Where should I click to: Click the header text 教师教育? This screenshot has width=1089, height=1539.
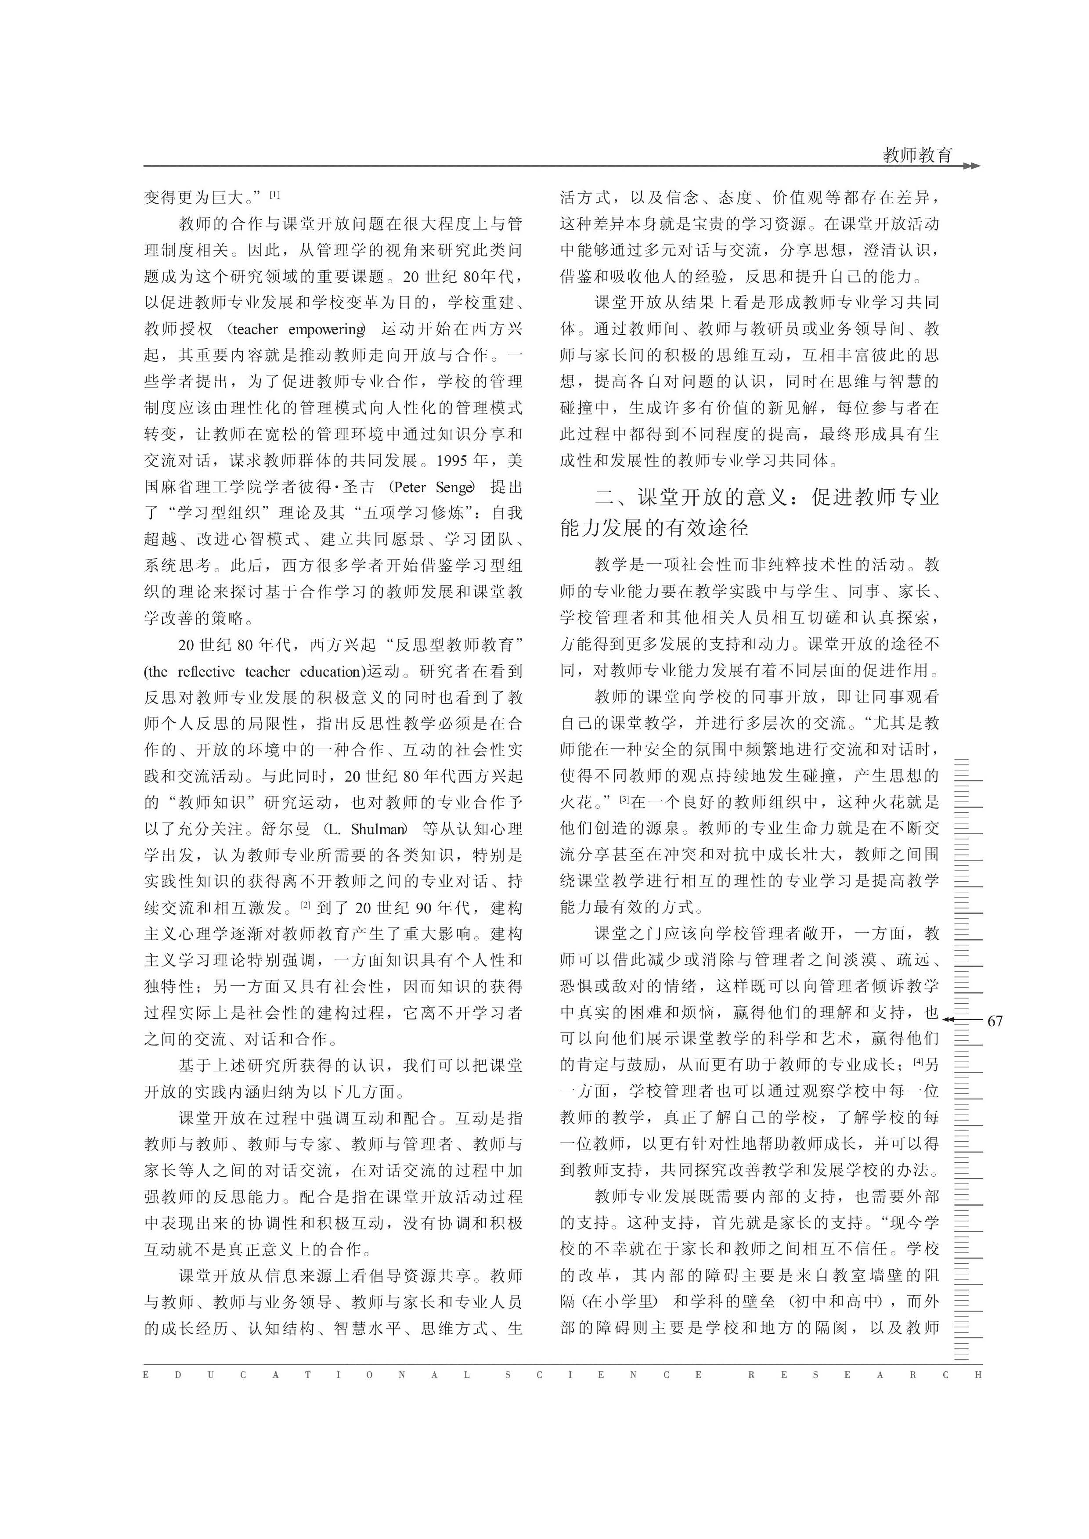point(917,155)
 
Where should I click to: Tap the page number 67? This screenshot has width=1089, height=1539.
point(995,1020)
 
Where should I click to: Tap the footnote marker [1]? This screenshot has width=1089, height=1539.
point(275,195)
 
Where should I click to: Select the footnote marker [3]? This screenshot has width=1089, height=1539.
point(624,799)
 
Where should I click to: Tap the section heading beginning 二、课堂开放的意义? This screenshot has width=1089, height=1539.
point(750,512)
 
